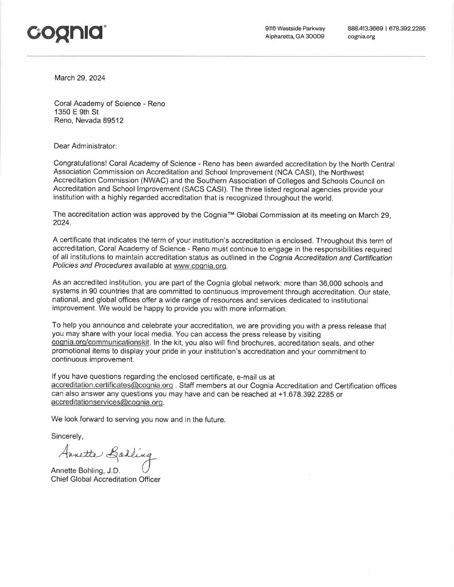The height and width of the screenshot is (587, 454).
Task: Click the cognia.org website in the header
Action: (x=361, y=37)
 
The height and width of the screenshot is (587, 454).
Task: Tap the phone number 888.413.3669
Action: (x=365, y=28)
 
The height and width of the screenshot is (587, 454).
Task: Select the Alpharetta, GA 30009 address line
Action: (x=294, y=37)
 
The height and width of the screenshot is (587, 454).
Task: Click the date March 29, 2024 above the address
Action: (x=80, y=78)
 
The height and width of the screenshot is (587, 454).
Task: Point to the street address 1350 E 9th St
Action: (x=76, y=112)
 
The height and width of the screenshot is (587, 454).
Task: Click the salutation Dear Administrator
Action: (x=85, y=147)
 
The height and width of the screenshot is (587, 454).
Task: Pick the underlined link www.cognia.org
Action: (x=197, y=267)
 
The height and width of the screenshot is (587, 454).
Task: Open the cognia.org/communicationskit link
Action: (x=100, y=342)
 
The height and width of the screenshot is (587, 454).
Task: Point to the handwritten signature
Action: (x=107, y=456)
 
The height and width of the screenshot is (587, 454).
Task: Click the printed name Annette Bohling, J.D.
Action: (x=85, y=471)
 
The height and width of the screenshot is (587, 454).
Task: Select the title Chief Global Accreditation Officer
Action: (x=106, y=479)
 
